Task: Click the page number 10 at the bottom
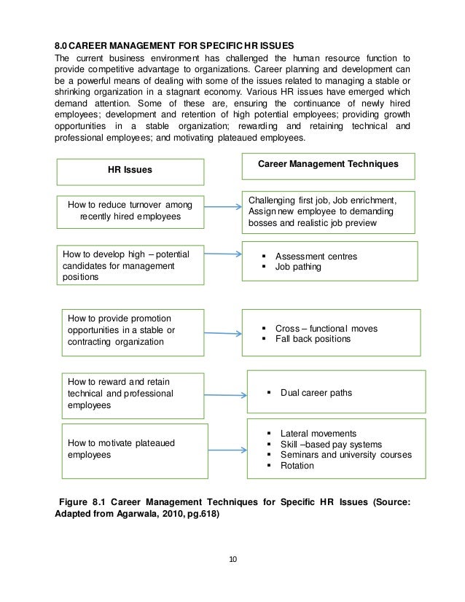coord(232,560)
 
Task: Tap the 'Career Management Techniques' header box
coord(328,165)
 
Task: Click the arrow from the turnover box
coord(222,208)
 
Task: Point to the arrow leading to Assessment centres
coord(222,255)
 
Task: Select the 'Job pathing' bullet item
coord(298,267)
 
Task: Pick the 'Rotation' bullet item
coord(297,466)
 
